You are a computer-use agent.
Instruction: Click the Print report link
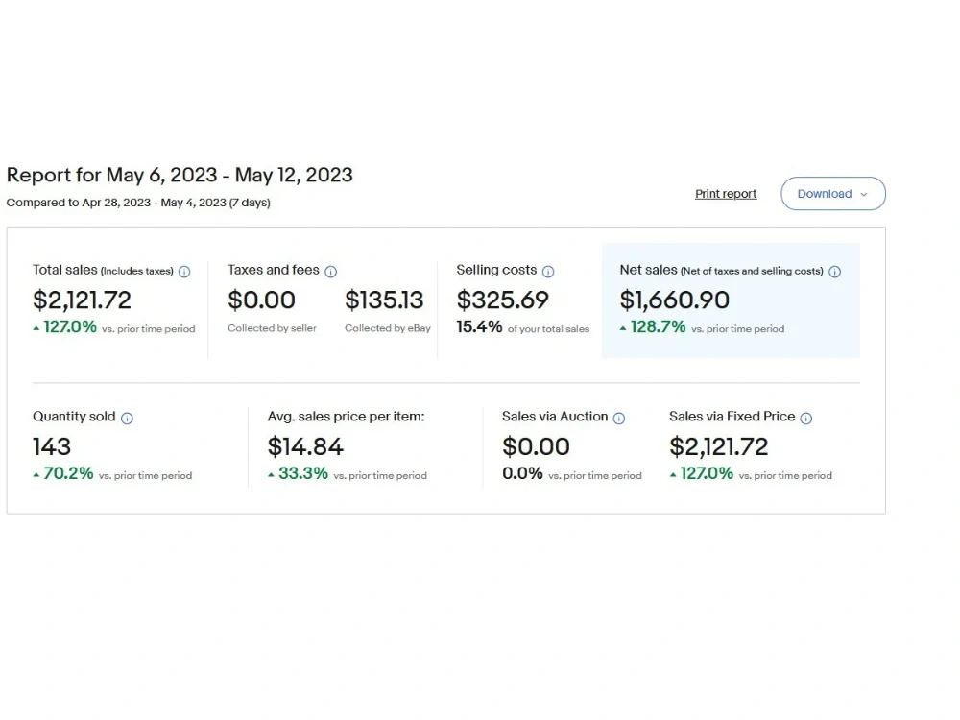(726, 194)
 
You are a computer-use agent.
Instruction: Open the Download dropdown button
(832, 194)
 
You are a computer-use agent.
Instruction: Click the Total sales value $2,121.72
(82, 300)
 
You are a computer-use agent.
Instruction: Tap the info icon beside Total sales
(184, 272)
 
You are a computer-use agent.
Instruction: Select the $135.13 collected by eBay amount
(384, 300)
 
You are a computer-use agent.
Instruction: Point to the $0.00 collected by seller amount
(261, 300)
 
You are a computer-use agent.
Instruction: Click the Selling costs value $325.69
(503, 300)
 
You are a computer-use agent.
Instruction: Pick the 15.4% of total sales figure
(479, 327)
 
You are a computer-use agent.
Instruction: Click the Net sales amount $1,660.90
(675, 300)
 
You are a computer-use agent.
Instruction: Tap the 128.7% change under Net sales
(659, 327)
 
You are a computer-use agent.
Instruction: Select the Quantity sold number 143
(52, 447)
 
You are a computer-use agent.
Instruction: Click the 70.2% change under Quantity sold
(68, 473)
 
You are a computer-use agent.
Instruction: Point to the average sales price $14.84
(305, 447)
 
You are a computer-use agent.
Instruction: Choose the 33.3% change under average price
(303, 473)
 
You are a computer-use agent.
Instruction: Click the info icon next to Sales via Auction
(619, 419)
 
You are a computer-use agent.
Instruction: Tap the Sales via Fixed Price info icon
(806, 419)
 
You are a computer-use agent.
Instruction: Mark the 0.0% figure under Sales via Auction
(522, 473)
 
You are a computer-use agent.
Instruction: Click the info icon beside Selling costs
(548, 272)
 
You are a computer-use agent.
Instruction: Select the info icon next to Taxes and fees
(330, 272)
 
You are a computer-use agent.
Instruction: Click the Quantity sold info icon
(127, 419)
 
